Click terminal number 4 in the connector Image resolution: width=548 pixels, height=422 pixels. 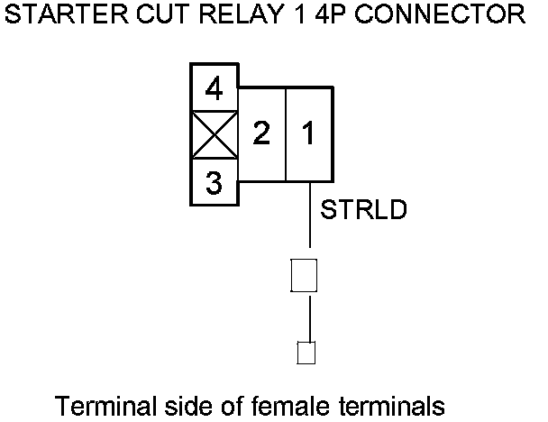pos(214,89)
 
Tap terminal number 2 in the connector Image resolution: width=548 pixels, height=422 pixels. pos(261,135)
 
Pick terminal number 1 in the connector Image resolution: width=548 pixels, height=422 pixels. pos(309,135)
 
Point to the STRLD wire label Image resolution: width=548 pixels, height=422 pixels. pos(365,211)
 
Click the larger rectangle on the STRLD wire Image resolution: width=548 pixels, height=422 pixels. pos(304,276)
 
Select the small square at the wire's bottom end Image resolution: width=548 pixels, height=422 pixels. pos(306,352)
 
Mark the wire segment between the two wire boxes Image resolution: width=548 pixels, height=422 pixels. pos(311,316)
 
